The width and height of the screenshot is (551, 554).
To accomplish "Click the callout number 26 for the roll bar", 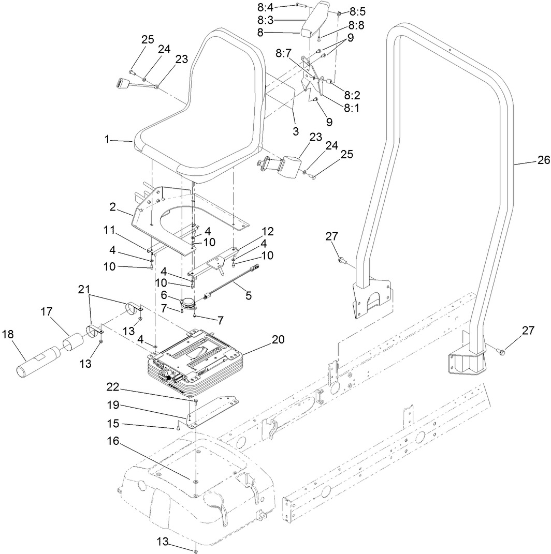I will [x=543, y=161].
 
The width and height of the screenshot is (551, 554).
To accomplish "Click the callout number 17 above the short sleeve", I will [x=47, y=312].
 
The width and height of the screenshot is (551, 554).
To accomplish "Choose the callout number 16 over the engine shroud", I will [x=113, y=441].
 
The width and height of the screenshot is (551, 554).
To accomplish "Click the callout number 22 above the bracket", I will [x=113, y=386].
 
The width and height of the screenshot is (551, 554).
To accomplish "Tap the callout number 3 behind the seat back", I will [x=296, y=131].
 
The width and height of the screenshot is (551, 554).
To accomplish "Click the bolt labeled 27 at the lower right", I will [x=502, y=352].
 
